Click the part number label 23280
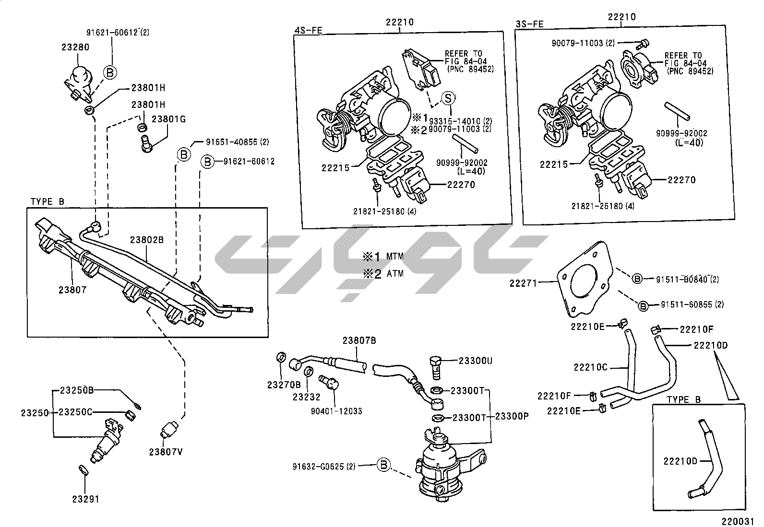[x=75, y=47]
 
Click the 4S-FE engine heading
[x=308, y=31]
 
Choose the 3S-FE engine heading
[x=530, y=23]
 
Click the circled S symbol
[x=447, y=98]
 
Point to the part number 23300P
[x=512, y=416]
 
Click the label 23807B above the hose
[x=359, y=341]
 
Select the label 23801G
[x=168, y=119]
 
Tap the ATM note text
[x=395, y=274]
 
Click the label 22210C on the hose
[x=590, y=367]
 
